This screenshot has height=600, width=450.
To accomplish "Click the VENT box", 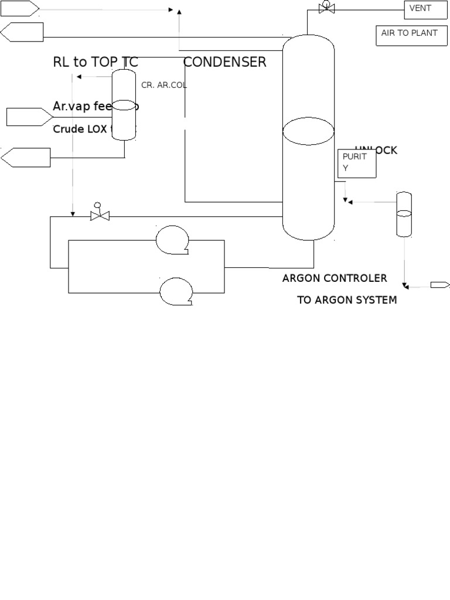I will pos(425,9).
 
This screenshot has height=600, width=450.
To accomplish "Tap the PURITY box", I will pos(357,163).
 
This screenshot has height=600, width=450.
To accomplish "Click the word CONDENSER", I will pos(225,62).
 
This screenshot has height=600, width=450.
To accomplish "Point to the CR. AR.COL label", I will pos(164,85).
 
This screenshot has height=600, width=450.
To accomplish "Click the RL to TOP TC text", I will pos(96,62).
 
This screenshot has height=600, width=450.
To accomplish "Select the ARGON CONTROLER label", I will pos(335,278).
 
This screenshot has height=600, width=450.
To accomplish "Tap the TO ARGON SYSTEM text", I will pos(347,300).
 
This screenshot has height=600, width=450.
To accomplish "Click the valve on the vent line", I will pos(326,8).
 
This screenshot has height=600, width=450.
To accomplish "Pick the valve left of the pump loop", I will pos(100,216).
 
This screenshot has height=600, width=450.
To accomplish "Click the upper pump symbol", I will pos(173,240).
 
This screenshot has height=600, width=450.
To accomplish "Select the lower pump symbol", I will pos(176,291).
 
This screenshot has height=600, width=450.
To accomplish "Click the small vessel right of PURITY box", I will pos(404,214).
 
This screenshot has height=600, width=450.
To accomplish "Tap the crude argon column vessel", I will pos(124,104).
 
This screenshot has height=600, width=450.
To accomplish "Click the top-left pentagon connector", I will pos(20,8).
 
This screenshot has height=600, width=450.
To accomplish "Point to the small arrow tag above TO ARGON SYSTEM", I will pos(440,285).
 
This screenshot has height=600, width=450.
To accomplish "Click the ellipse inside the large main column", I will pos(308,132).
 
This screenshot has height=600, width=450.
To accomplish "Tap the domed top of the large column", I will pos(308,44).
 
